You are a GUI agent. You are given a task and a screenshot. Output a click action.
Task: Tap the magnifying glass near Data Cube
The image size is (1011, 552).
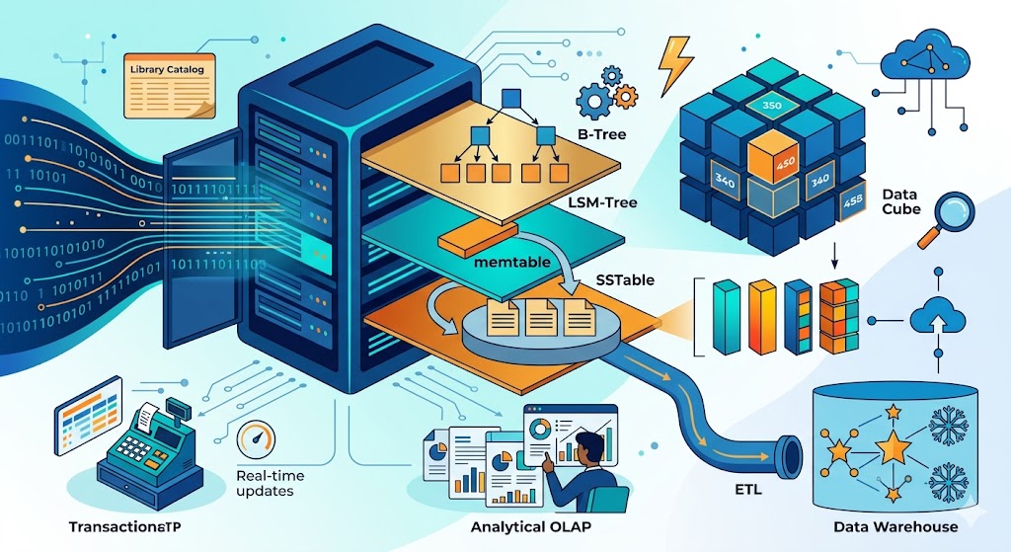point(945,217)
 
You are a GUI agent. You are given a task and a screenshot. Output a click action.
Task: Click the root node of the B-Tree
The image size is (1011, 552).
point(511,97)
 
